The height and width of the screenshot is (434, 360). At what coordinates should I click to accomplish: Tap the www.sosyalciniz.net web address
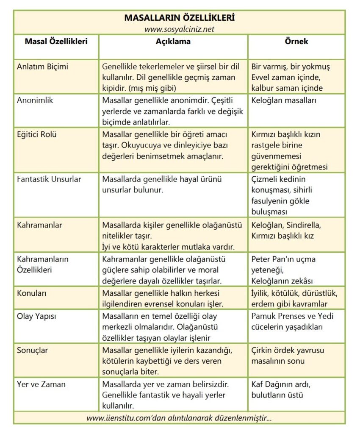[x=179, y=29]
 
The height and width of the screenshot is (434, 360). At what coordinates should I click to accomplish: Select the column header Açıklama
[x=173, y=42]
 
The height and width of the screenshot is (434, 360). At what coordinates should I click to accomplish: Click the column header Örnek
[x=296, y=42]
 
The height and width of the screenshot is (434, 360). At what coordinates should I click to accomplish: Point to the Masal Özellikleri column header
[x=56, y=42]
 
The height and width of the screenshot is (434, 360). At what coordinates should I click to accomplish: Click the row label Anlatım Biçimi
[x=42, y=67]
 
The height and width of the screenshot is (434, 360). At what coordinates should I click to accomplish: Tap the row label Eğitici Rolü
[x=37, y=134]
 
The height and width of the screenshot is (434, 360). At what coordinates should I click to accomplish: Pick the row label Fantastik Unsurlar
[x=49, y=179]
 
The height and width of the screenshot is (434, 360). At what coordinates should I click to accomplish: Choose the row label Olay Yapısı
[x=36, y=316]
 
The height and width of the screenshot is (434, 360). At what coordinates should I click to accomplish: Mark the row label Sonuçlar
[x=33, y=350]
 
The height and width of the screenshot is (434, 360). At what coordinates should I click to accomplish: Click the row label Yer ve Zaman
[x=42, y=384]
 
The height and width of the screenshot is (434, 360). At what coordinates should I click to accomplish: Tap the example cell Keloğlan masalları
[x=283, y=100]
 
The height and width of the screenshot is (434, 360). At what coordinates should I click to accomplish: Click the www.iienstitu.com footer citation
[x=179, y=418]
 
